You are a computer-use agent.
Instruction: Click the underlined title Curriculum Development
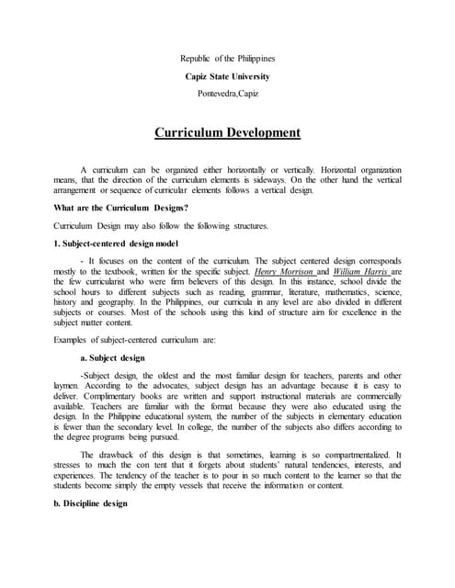coord(227,131)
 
